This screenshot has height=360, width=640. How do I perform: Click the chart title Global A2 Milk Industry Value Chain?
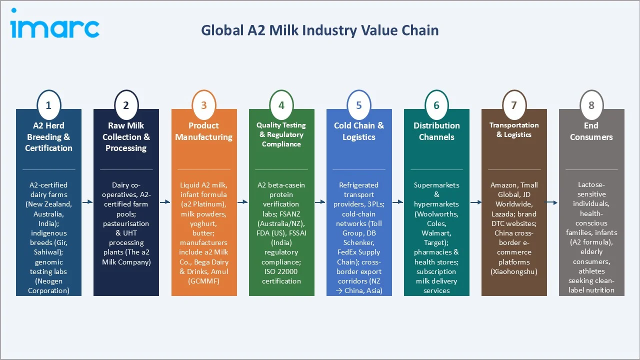tap(319, 30)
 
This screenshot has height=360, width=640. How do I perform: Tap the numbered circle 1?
tap(48, 105)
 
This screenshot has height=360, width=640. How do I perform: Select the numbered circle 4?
tap(281, 105)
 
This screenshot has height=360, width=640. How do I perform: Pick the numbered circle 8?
tap(591, 105)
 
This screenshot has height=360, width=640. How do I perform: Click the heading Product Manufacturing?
tap(203, 131)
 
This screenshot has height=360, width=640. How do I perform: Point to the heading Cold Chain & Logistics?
tap(359, 131)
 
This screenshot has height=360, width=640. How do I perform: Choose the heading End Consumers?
tap(591, 131)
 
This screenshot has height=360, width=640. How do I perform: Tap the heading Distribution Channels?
tap(436, 131)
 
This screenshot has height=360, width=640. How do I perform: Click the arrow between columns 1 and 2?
tap(87, 202)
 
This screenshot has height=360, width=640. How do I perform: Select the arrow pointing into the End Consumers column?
tap(552, 202)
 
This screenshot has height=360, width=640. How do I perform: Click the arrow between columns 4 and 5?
tap(320, 202)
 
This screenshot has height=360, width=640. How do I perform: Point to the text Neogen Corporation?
tap(48, 285)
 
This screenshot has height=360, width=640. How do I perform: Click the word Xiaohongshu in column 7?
tap(514, 271)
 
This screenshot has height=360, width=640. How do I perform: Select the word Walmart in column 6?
tap(436, 233)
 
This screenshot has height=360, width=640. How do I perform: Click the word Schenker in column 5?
tap(359, 242)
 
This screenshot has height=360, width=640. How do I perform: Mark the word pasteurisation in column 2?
tap(126, 223)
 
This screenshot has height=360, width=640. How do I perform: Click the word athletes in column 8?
tap(591, 271)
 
